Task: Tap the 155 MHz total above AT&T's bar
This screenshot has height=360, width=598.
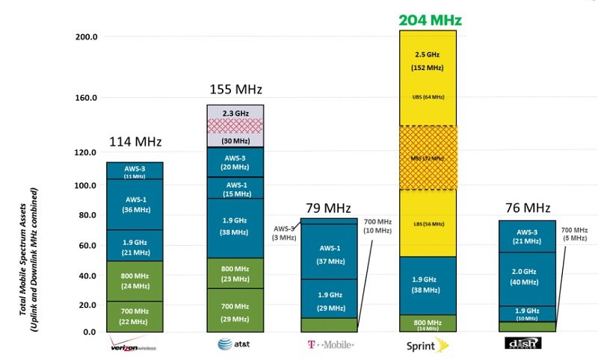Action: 235,90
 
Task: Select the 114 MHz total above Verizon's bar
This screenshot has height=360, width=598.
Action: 135,142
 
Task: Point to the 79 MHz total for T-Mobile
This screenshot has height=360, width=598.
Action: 327,208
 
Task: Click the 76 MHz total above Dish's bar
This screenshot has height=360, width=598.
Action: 528,208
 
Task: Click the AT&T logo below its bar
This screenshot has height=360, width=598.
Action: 235,344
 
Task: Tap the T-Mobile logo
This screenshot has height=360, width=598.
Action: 329,344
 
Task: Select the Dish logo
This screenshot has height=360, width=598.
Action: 523,344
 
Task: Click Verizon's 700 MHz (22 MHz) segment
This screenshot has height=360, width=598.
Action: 135,317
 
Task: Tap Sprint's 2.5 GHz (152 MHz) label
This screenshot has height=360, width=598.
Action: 428,62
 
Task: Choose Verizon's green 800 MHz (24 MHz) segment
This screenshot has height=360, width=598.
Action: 135,281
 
